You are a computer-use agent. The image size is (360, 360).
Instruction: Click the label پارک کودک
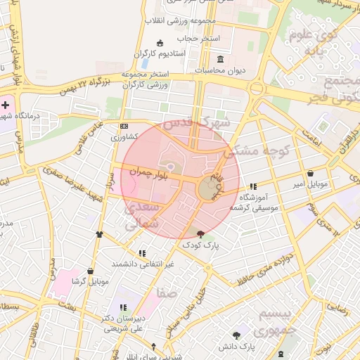201,245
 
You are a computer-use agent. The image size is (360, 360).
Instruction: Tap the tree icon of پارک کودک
202,234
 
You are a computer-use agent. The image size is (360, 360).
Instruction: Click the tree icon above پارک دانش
236,335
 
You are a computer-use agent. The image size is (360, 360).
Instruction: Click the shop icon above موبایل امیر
310,173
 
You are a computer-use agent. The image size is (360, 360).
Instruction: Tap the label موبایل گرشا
90,282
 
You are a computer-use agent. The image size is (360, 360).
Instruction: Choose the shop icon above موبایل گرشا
90,271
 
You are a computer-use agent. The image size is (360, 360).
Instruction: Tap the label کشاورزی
124,139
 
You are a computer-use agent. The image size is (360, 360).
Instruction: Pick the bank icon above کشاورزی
124,127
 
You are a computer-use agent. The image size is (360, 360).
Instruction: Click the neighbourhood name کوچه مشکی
249,150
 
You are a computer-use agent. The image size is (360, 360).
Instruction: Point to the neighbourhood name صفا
167,292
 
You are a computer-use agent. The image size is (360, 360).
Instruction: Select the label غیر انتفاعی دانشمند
143,264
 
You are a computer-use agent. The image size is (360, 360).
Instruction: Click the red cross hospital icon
5,104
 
